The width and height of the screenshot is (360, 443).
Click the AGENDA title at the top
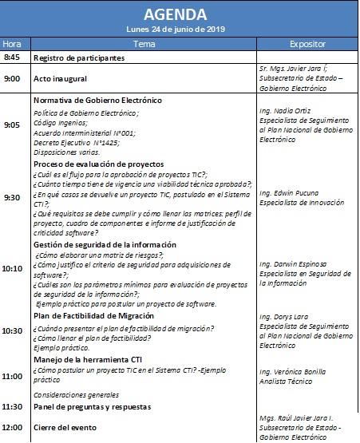pyautogui.click(x=180, y=14)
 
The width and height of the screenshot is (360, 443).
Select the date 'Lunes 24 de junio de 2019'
pyautogui.click(x=180, y=30)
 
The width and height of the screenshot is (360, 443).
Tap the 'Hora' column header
pyautogui.click(x=13, y=44)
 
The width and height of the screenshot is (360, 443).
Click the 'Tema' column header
pyautogui.click(x=144, y=44)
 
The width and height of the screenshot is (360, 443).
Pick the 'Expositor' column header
pyautogui.click(x=308, y=44)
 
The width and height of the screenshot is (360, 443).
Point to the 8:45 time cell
pyautogui.click(x=13, y=58)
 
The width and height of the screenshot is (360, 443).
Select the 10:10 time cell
pyautogui.click(x=13, y=269)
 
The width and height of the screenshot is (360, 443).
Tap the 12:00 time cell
pyautogui.click(x=13, y=427)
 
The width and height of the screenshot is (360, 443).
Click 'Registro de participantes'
pyautogui.click(x=78, y=59)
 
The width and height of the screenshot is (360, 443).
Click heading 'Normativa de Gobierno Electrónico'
pyautogui.click(x=97, y=101)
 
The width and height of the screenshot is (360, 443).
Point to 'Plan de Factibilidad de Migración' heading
pyautogui.click(x=94, y=316)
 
